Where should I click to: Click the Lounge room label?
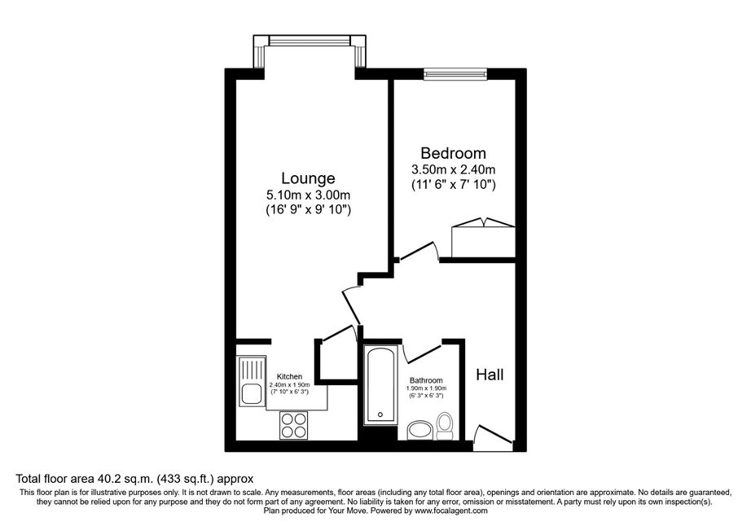pos(308,178)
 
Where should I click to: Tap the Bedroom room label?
pos(453,153)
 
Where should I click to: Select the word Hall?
pos(490,375)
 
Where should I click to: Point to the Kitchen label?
pos(289,377)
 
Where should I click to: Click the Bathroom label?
pos(426,380)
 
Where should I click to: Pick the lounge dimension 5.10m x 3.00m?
pos(308,195)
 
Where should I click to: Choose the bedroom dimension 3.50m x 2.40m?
pos(453,169)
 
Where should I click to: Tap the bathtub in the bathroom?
pos(380,385)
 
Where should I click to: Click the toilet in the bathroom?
pos(445,426)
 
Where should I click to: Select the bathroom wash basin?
pos(419,430)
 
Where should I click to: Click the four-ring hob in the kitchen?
pos(293,425)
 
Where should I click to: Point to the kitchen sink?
pos(251,380)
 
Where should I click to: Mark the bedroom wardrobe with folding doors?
pos(483,239)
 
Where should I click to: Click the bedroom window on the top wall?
pos(455,73)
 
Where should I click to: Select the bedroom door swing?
pos(419,252)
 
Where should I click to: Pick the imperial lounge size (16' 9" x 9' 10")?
pos(308,209)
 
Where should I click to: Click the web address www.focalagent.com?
pos(451,511)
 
